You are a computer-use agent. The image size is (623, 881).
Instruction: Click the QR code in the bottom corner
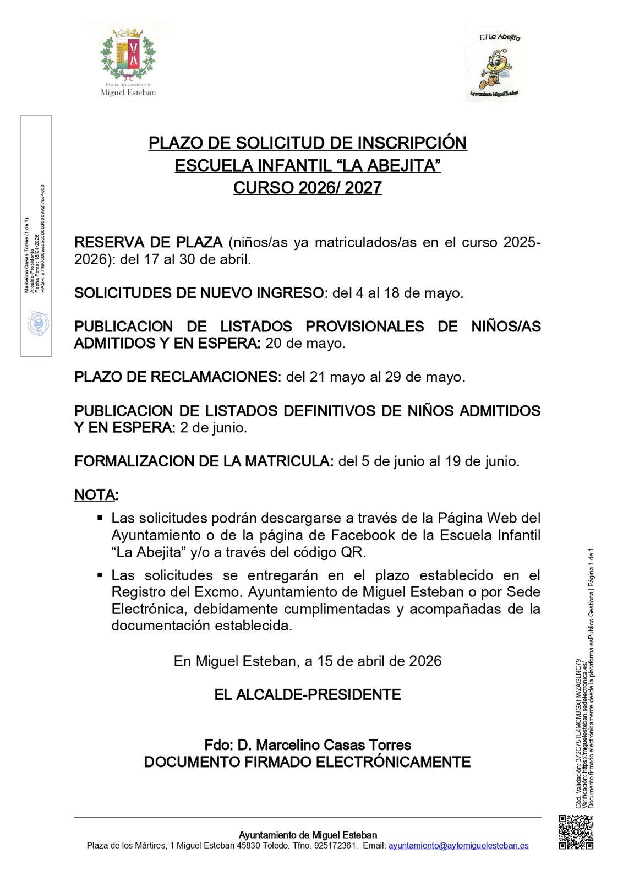pos(576,831)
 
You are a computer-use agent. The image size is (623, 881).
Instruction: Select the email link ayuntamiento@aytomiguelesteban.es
pos(458,845)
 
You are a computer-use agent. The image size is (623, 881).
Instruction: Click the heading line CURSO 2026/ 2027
pos(308,188)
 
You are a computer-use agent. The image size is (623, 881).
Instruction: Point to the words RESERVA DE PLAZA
pos(148,242)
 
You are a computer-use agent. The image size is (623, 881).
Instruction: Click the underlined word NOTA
pos(95,494)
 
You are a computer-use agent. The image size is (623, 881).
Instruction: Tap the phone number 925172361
pos(335,845)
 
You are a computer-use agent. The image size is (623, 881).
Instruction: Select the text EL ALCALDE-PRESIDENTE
pos(308,695)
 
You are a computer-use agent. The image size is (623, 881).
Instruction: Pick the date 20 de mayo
pos(305,343)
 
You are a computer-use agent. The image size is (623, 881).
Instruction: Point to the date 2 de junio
pos(214,427)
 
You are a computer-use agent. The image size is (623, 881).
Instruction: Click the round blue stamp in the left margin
pos(39,324)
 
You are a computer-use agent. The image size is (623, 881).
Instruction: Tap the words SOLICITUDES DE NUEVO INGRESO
pos(199,293)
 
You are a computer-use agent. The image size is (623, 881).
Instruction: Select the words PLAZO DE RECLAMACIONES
pos(176,377)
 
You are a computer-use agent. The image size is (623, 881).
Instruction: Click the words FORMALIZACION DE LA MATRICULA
pos(204,461)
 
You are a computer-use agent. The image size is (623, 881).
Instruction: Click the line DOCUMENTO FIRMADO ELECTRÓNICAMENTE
pos(308,762)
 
